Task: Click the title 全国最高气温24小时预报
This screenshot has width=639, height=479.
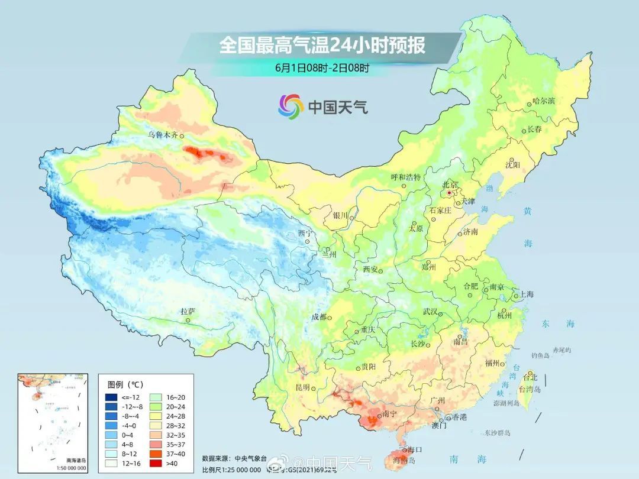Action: [322, 45]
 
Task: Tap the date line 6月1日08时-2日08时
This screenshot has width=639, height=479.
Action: [322, 67]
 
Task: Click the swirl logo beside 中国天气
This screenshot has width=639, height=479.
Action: [291, 106]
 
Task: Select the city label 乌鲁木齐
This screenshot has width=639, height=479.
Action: [162, 135]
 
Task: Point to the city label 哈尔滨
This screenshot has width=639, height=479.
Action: [543, 102]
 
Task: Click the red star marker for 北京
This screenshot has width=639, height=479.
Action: [450, 193]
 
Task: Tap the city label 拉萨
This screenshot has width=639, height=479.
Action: [188, 311]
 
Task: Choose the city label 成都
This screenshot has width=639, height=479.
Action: [319, 317]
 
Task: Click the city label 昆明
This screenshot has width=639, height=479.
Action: [302, 387]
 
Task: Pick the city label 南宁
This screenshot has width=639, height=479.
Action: [389, 414]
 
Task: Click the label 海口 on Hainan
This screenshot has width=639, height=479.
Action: [414, 450]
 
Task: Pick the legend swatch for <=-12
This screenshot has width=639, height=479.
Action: [112, 397]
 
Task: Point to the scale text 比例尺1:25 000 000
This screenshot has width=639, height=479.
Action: [231, 470]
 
